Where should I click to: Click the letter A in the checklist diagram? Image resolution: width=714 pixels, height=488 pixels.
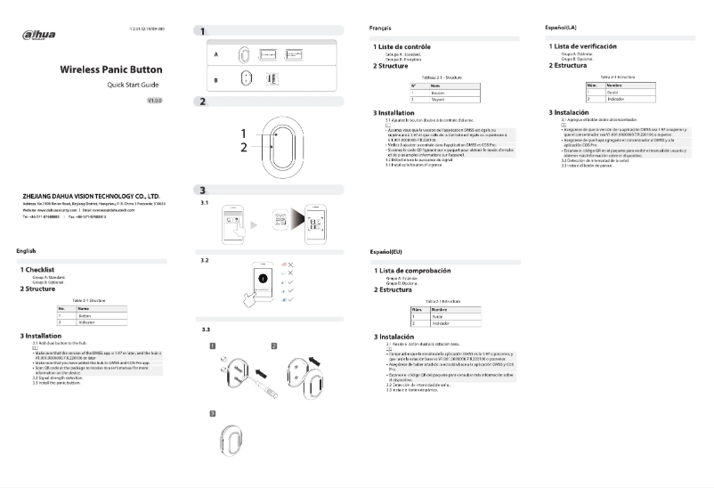point(215,53)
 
